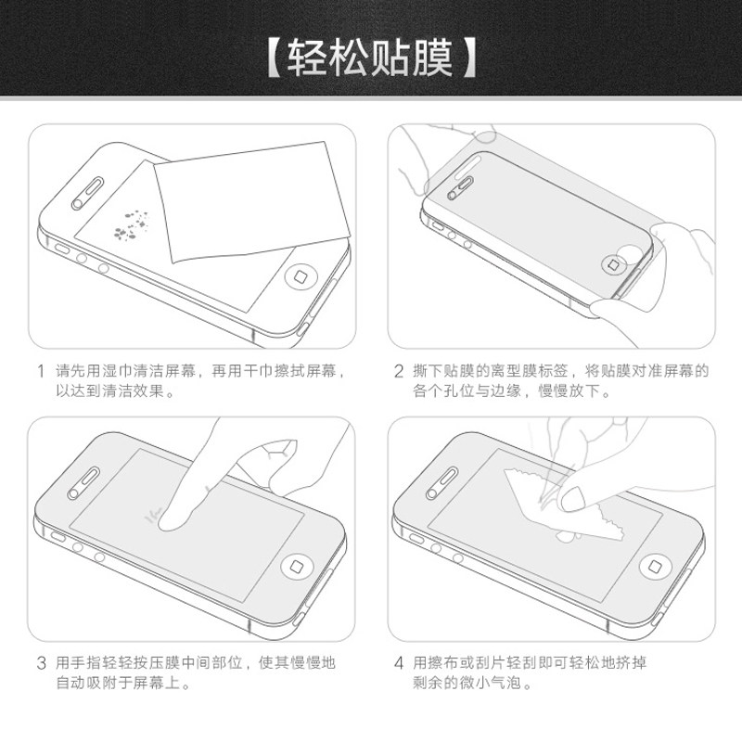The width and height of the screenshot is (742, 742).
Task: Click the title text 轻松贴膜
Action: pyautogui.click(x=370, y=58)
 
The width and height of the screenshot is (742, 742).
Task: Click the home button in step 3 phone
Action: pyautogui.click(x=297, y=567)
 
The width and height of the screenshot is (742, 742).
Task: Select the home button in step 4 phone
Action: pyautogui.click(x=656, y=567)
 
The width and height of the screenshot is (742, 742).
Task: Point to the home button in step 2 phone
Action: pyautogui.click(x=613, y=264)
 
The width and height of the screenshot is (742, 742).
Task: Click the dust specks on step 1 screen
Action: pyautogui.click(x=131, y=224)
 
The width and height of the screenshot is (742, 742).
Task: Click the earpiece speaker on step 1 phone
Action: pyautogui.click(x=88, y=194)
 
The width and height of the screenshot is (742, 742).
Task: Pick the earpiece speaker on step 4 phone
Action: pyautogui.click(x=442, y=482)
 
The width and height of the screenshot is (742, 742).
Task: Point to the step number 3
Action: pyautogui.click(x=41, y=663)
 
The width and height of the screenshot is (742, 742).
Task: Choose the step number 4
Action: pyautogui.click(x=399, y=663)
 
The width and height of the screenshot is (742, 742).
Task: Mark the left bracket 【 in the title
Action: pyautogui.click(x=275, y=58)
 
